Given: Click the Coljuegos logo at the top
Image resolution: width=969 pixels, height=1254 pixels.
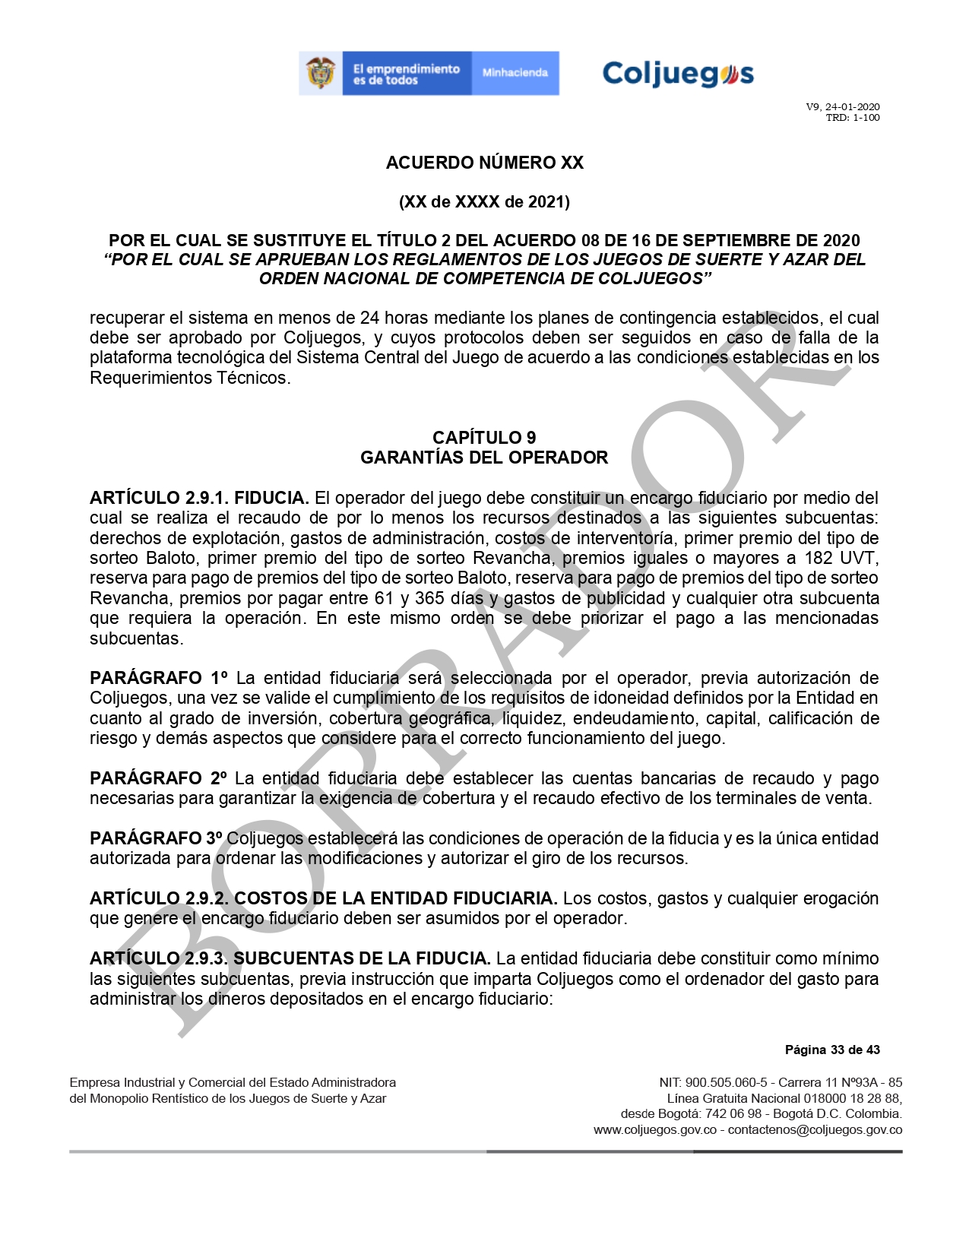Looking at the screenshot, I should [678, 74].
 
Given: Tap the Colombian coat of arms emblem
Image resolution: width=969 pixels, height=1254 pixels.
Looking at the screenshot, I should [321, 73].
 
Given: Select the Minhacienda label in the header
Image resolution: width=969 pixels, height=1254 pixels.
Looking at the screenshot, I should [515, 73].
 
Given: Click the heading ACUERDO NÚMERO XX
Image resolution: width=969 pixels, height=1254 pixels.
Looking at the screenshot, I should [484, 163].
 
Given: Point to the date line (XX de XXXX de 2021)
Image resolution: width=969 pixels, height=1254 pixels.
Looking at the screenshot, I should [484, 202].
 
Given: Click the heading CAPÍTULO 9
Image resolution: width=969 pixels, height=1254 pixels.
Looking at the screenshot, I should [484, 438].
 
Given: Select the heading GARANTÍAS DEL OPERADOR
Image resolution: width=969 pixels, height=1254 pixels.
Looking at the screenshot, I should [484, 458].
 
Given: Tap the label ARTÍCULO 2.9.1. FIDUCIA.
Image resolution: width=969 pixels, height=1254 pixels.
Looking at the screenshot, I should [199, 499].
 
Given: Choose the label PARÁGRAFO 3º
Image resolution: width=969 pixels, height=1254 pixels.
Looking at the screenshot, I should [156, 838].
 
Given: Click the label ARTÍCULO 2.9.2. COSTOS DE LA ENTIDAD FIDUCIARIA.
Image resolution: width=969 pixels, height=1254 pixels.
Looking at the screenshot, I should [323, 898].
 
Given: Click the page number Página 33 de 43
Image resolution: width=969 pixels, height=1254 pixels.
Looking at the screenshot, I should [832, 1050].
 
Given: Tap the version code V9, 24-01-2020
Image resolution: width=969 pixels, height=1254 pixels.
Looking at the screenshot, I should [843, 107].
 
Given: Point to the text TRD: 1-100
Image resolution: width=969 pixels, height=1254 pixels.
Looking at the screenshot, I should [852, 118].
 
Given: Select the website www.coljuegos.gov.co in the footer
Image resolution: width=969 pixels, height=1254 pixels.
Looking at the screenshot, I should [655, 1130].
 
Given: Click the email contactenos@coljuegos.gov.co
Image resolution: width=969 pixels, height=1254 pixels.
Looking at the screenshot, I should [815, 1130].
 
